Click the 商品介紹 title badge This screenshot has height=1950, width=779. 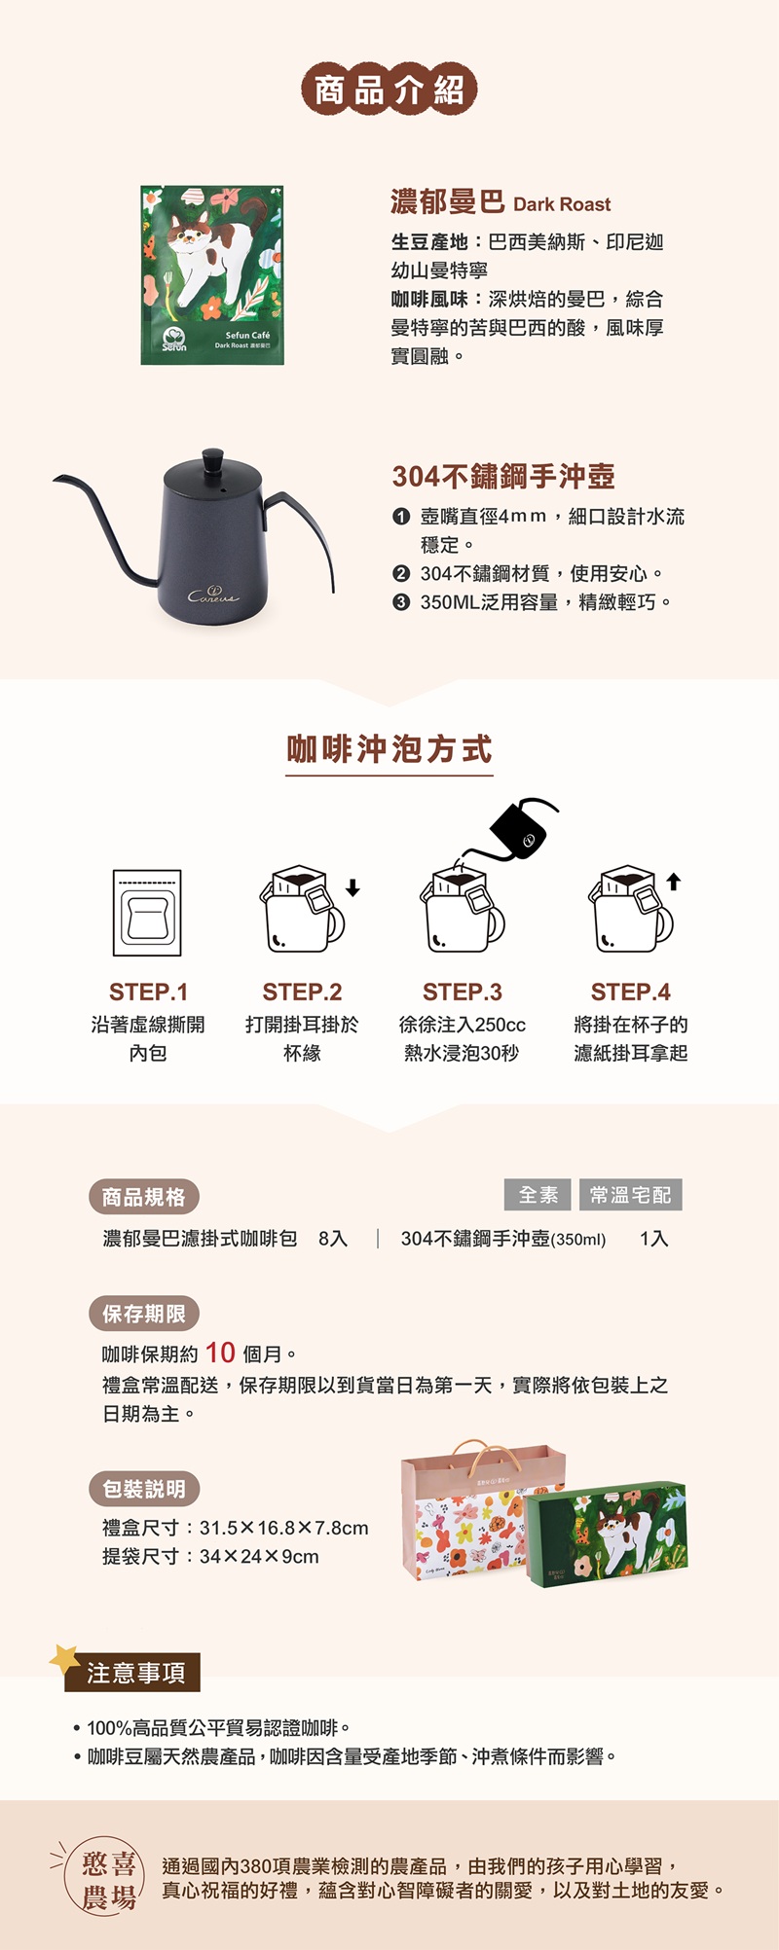pyautogui.click(x=389, y=90)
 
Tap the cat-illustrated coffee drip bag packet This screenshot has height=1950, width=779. pyautogui.click(x=212, y=275)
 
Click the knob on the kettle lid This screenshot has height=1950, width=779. pyautogui.click(x=212, y=458)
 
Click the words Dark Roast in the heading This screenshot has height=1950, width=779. pyautogui.click(x=562, y=204)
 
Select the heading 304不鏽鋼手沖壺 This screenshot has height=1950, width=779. pyautogui.click(x=503, y=476)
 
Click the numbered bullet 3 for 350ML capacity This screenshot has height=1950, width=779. pyautogui.click(x=400, y=602)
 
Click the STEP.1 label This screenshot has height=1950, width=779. pyautogui.click(x=148, y=992)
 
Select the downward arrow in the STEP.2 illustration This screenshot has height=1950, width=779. pyautogui.click(x=352, y=887)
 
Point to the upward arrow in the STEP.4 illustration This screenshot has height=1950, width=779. pyautogui.click(x=674, y=882)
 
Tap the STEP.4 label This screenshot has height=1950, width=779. pyautogui.click(x=631, y=992)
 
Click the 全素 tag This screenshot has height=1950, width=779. pyautogui.click(x=538, y=1195)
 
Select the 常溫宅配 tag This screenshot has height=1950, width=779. pyautogui.click(x=631, y=1195)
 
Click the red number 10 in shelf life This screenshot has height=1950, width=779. pyautogui.click(x=220, y=1353)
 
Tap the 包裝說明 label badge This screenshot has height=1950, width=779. pyautogui.click(x=144, y=1489)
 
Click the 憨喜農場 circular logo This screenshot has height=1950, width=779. pyautogui.click(x=104, y=1880)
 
